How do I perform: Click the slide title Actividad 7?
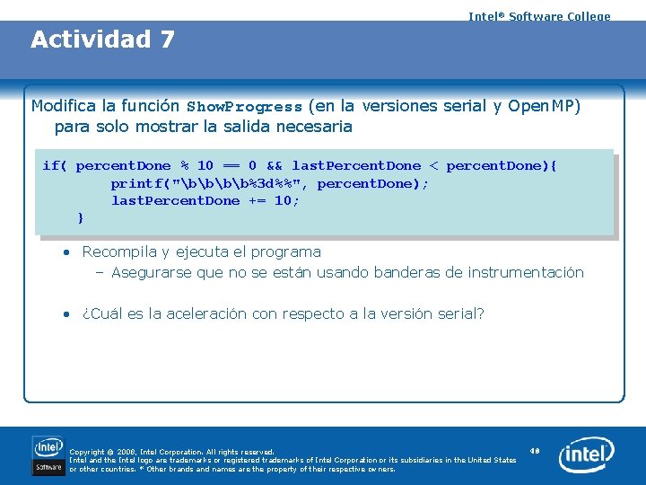pyautogui.click(x=102, y=40)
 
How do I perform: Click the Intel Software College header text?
pyautogui.click(x=539, y=16)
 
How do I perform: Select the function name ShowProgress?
pyautogui.click(x=244, y=107)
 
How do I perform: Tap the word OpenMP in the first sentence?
pyautogui.click(x=545, y=106)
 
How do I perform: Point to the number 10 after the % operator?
pyautogui.click(x=205, y=165)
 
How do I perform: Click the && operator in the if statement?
pyautogui.click(x=275, y=165)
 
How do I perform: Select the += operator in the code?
pyautogui.click(x=257, y=200)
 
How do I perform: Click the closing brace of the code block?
pyautogui.click(x=81, y=217)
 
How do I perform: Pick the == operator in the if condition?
pyautogui.click(x=231, y=165)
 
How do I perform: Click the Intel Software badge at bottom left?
pyautogui.click(x=48, y=455)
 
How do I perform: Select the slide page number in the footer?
pyautogui.click(x=535, y=450)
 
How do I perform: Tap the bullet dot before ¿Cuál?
pyautogui.click(x=67, y=313)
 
